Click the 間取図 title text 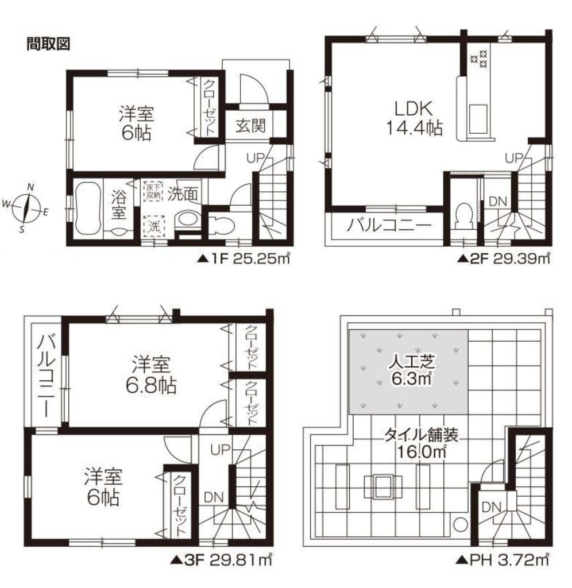48,44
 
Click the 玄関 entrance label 250,126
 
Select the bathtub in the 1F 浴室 88,207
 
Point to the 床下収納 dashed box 153,191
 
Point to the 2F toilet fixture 465,215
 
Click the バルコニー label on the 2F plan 388,226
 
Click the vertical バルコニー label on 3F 47,376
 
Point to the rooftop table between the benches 382,487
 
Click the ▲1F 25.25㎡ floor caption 244,258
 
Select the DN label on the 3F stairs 214,498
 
